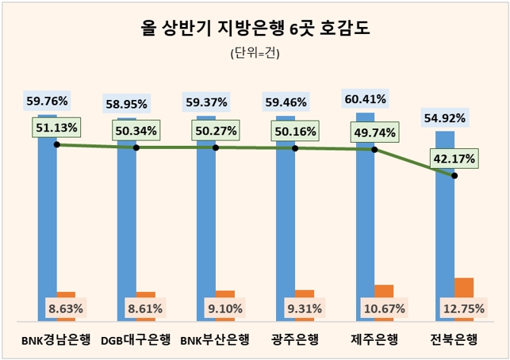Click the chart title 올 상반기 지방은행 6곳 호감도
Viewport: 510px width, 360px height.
255,29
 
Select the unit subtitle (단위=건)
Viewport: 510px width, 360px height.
255,54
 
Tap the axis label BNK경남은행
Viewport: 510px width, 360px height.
56,341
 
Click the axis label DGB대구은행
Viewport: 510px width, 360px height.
136,341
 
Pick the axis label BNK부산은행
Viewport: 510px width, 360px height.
215,341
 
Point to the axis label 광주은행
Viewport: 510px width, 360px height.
294,341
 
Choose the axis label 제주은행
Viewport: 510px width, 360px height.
374,341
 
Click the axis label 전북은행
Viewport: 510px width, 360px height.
454,341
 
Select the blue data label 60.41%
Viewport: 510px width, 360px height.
365,99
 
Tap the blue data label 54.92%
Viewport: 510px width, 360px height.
444,118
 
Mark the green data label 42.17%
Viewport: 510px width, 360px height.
454,159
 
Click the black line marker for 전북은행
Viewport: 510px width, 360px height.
454,175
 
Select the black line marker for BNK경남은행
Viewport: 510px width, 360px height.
56,144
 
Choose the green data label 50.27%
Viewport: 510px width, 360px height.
215,130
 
